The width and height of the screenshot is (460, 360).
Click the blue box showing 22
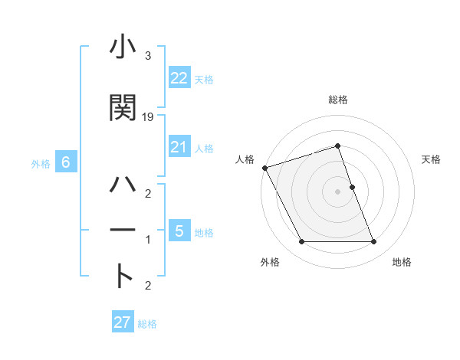(x=179, y=77)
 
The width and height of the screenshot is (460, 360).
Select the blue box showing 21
(x=179, y=146)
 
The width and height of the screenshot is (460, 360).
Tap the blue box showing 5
(x=179, y=231)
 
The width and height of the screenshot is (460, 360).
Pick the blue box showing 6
(x=66, y=162)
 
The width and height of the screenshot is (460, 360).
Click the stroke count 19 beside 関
(x=148, y=117)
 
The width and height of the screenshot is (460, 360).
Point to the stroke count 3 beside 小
(x=147, y=56)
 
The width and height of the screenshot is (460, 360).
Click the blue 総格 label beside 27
(x=147, y=324)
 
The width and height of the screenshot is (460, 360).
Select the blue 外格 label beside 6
(x=41, y=163)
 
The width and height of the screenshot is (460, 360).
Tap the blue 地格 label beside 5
(x=204, y=232)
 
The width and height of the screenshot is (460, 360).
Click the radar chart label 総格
(x=337, y=100)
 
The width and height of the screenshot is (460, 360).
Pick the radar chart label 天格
(x=432, y=159)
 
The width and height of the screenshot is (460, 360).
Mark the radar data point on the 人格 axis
(x=264, y=168)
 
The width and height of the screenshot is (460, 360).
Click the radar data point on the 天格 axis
(x=352, y=187)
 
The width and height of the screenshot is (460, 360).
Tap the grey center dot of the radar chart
(x=337, y=191)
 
